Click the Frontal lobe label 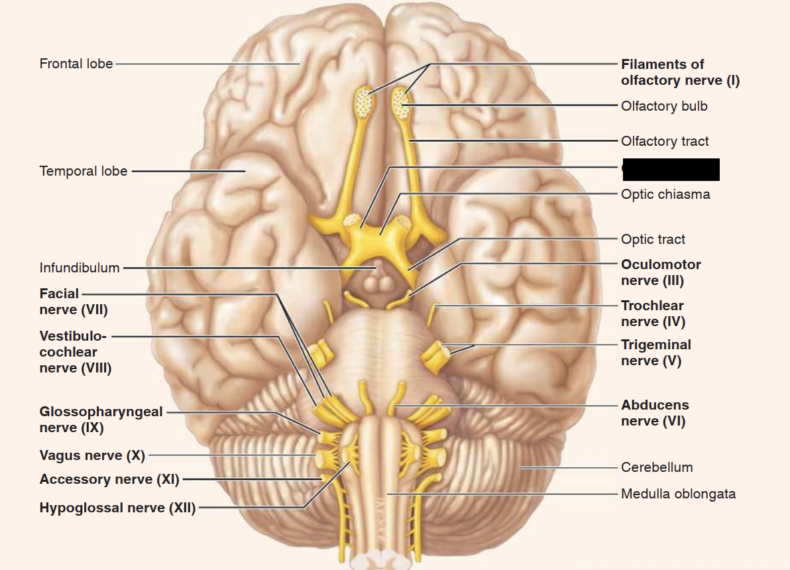pos(76,64)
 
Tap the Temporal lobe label pos(84,171)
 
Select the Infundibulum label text pos(80,268)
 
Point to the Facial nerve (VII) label pos(73,302)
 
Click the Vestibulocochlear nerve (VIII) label pos(75,352)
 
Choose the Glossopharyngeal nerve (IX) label pos(101,420)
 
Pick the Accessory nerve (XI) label pos(109,479)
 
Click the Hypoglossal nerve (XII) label pos(117,508)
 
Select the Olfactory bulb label pos(664,106)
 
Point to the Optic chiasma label pos(665,194)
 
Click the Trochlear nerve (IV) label pos(653,313)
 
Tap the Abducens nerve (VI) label pos(655,413)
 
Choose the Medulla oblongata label pos(678,494)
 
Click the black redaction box pos(671,169)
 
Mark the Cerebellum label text pos(657,467)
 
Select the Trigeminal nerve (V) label pos(656,353)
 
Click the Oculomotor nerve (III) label pos(661,272)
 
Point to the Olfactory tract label pos(665,141)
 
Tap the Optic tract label pos(653,239)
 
